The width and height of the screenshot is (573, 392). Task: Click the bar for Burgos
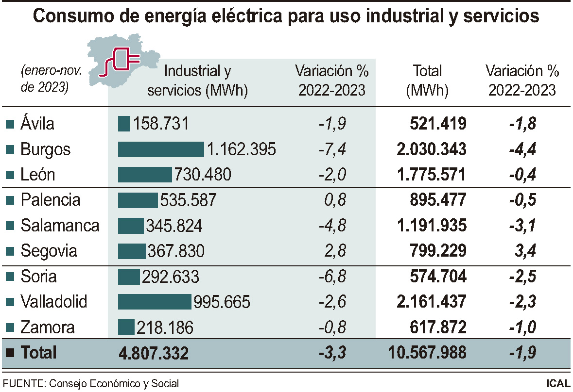(x=161, y=149)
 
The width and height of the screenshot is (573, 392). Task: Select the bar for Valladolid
(x=155, y=302)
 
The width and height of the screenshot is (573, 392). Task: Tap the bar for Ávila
(x=124, y=123)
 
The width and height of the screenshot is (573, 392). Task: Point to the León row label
(x=37, y=175)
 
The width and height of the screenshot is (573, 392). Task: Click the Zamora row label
(x=47, y=327)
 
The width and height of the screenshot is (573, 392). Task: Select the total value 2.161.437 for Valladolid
(x=432, y=302)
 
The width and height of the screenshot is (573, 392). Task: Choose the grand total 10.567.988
(x=428, y=353)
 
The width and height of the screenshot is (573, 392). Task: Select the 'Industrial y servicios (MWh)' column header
(x=197, y=81)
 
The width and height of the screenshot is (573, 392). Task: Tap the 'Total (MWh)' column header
(x=427, y=81)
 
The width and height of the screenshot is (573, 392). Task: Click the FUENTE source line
(x=91, y=383)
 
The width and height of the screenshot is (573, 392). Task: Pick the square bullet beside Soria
(x=9, y=277)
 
